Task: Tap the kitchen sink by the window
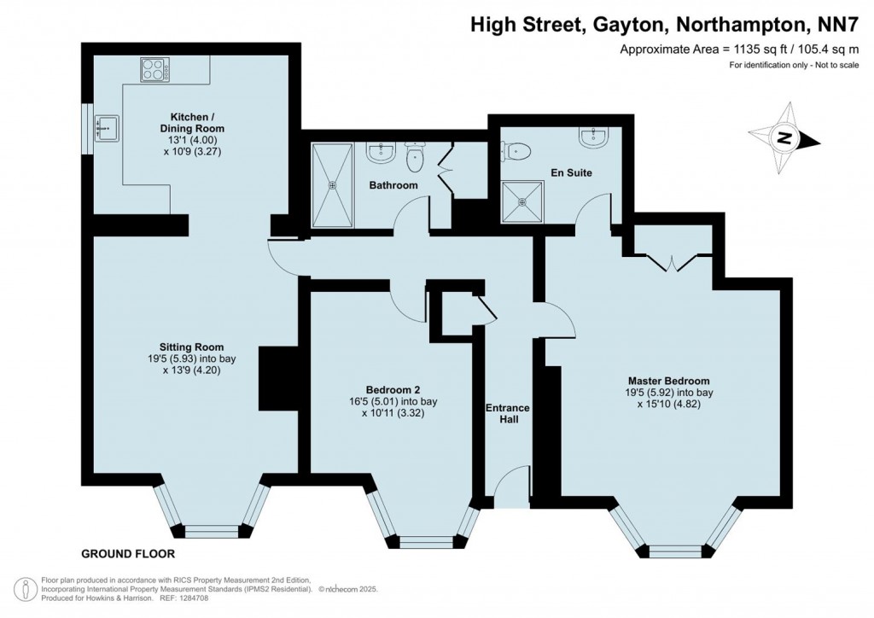point(107,129)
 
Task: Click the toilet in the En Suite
point(519,151)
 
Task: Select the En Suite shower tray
point(521,202)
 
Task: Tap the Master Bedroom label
point(668,381)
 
